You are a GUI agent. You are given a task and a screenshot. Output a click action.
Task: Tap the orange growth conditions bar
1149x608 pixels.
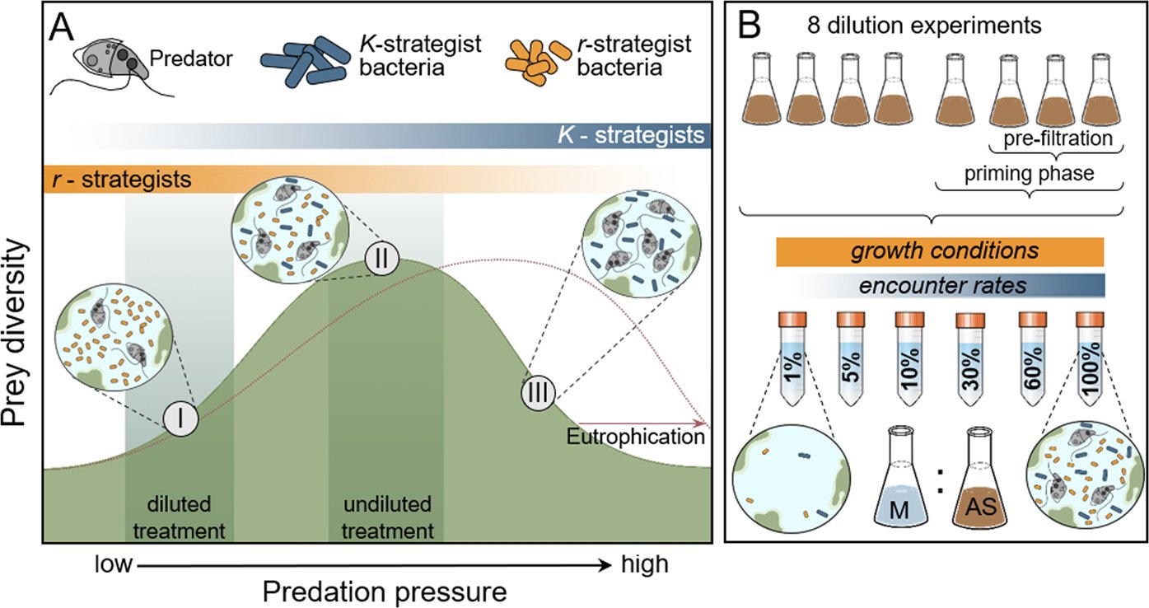pos(939,251)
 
